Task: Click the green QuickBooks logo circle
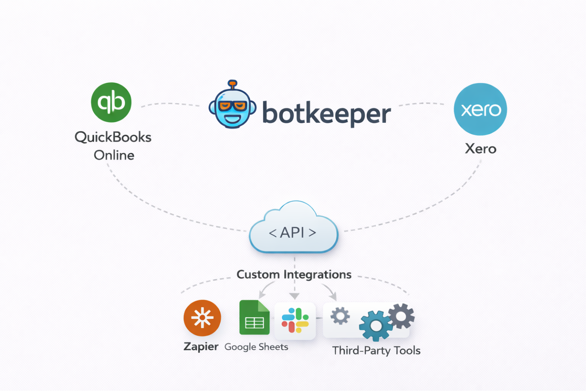tap(111, 102)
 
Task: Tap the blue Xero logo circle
tap(480, 109)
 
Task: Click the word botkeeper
tap(326, 113)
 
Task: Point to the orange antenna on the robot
tap(232, 84)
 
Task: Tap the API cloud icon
tap(293, 230)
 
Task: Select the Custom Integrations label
tap(294, 275)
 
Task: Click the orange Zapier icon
tap(202, 318)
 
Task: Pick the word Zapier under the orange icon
tap(201, 347)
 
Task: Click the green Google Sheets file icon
tap(254, 318)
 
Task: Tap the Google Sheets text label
tap(256, 347)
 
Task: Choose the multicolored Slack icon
tap(295, 320)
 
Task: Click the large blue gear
tap(375, 326)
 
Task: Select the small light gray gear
tap(340, 316)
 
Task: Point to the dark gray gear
tap(401, 316)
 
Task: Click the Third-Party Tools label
tap(376, 351)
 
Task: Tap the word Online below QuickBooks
tap(114, 155)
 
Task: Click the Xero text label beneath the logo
tap(480, 149)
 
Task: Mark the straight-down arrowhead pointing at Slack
tap(294, 296)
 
